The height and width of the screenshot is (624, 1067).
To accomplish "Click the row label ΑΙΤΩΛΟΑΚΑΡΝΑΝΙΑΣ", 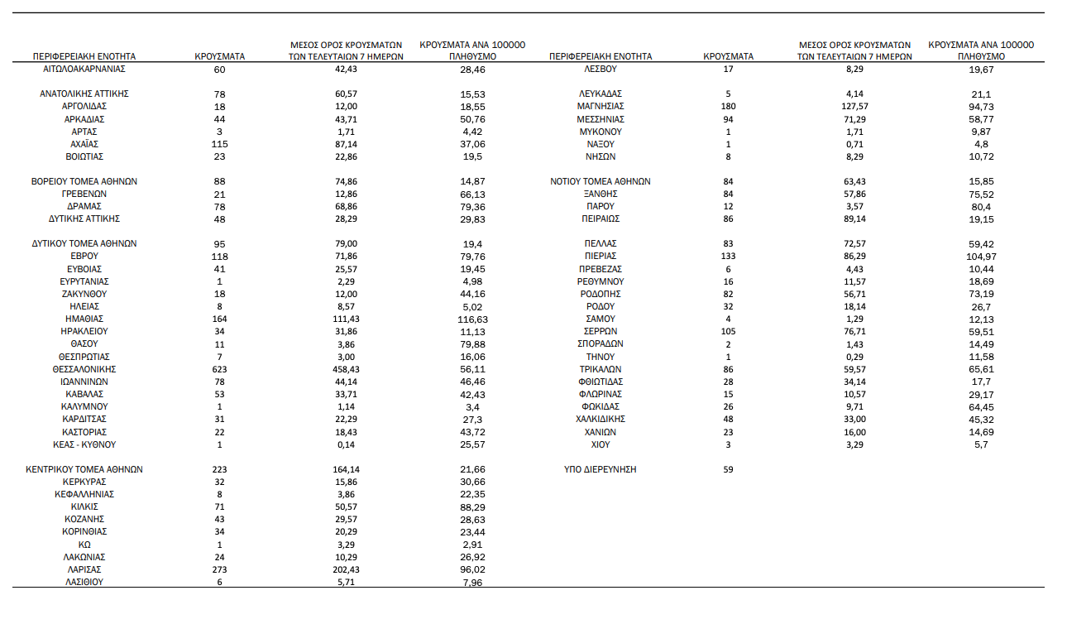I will [84, 69].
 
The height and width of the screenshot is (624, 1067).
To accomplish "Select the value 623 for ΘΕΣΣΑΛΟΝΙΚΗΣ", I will [219, 369].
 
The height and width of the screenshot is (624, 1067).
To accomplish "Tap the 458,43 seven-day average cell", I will [346, 369].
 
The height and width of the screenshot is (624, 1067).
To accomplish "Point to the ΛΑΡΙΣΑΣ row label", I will [84, 569].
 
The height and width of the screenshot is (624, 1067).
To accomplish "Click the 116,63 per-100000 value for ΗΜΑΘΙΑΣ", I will [473, 319].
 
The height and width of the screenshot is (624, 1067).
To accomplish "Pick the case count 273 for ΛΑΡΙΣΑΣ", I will [219, 569].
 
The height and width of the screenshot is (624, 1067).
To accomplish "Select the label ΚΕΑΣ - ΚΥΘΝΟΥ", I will [84, 444].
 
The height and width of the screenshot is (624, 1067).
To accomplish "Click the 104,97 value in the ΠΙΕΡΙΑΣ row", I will [981, 257].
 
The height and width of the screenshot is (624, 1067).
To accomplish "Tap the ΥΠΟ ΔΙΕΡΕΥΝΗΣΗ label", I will [600, 469].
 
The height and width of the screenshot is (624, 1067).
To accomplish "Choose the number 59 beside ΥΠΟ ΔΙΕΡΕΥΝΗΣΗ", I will [728, 469].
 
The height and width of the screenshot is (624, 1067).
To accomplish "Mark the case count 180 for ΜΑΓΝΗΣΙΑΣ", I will [728, 106].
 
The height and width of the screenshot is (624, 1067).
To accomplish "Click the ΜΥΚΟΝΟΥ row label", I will [600, 132].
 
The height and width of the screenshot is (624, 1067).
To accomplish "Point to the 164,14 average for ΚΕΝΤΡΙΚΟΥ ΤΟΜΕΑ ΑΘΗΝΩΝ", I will [346, 469].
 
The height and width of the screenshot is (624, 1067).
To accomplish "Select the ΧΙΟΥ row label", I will [600, 444].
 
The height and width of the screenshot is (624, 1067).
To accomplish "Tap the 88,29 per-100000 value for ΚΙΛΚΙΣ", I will [473, 506].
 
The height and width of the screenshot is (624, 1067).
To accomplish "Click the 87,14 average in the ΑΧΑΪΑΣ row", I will [346, 144].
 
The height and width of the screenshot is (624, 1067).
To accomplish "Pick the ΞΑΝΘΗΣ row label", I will [600, 194].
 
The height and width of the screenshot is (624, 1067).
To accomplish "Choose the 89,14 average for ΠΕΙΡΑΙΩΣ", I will [854, 219].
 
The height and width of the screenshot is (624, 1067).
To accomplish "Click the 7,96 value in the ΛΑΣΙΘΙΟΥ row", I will [473, 582].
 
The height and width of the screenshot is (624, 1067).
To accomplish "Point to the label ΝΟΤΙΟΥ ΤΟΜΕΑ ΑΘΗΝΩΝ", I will [600, 181].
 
